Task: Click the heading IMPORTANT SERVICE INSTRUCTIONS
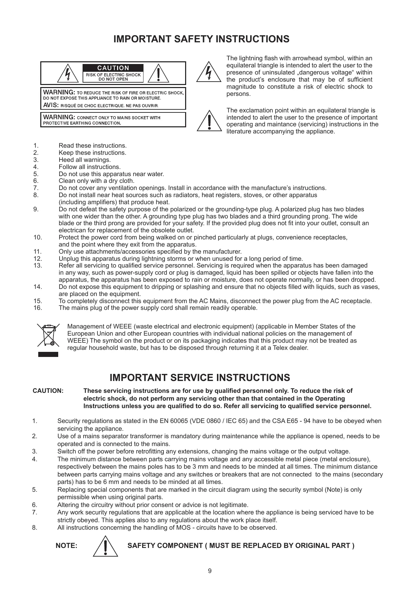[200, 378]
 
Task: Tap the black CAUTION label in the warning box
[113, 68]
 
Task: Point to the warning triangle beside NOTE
[106, 546]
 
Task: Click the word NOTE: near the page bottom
[67, 546]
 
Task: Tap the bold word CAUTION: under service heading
[48, 391]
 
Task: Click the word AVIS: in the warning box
[51, 105]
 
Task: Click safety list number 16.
[38, 308]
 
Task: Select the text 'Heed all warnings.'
[85, 160]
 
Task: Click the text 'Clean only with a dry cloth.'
[96, 181]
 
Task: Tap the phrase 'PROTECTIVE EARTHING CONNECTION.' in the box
[81, 123]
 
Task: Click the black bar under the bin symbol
[48, 354]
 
